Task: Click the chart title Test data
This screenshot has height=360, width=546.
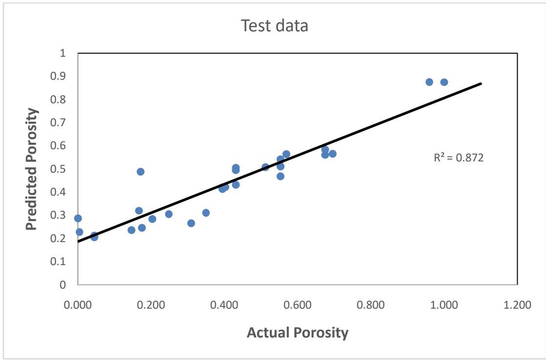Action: coord(275,26)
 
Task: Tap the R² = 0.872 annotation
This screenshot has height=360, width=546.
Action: coord(459,158)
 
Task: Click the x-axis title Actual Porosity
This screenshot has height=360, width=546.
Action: coord(297,333)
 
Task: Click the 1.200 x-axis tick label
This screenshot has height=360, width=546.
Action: coord(517,305)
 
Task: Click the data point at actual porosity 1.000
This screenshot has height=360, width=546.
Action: coord(444,82)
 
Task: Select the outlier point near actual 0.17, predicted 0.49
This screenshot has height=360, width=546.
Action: coord(140,172)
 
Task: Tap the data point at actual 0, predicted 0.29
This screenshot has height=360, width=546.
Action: coord(78,218)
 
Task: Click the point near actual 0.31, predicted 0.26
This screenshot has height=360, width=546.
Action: coord(191,223)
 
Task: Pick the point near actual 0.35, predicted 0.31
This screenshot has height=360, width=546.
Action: coord(206,213)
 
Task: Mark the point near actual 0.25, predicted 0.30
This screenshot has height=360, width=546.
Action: coord(169,214)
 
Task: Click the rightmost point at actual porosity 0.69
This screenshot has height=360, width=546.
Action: coord(332,154)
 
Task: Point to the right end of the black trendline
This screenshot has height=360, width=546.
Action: coord(481,84)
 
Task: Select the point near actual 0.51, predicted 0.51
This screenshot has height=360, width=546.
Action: coord(265,167)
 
